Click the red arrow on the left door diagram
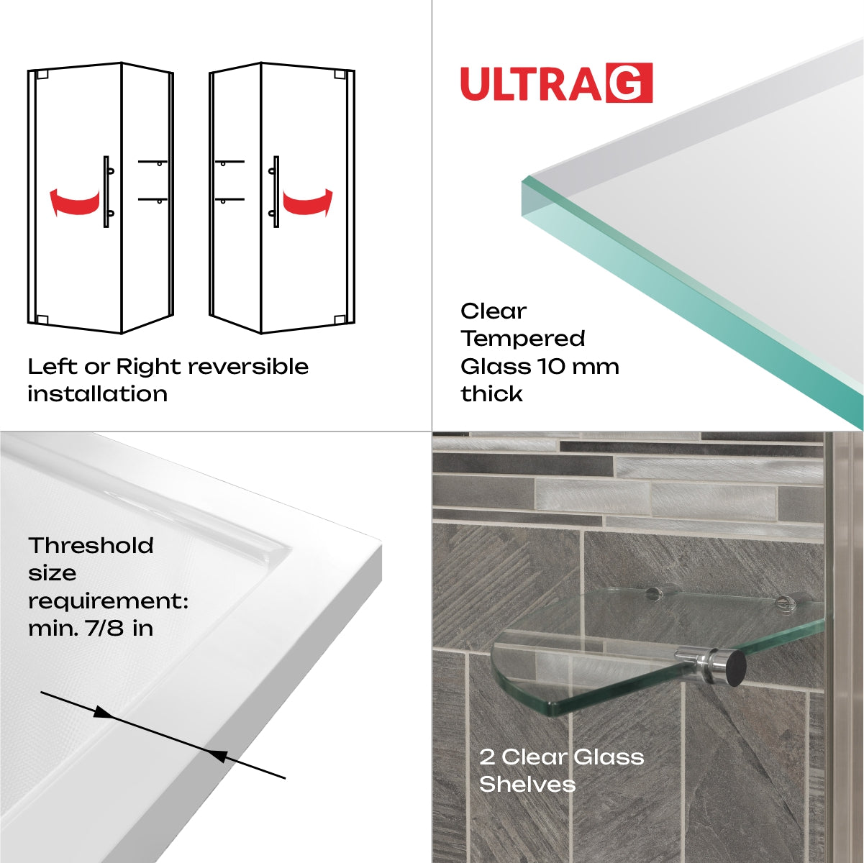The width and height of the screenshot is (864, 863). point(73,201)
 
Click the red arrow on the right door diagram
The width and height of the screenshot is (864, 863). point(308,202)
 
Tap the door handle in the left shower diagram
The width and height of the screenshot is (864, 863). point(107,191)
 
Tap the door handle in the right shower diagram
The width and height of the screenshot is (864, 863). point(275,191)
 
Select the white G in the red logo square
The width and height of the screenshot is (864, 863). point(629,83)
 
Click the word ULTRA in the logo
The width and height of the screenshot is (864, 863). point(531,84)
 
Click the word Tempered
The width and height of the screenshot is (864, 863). point(523,339)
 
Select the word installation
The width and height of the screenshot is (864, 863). point(98,394)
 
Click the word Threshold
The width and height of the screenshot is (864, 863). point(91,546)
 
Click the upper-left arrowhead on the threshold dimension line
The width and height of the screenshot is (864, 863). point(103,712)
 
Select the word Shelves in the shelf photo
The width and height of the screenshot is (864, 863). point(527,784)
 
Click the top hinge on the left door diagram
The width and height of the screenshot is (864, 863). point(42,74)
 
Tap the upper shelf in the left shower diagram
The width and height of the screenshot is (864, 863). point(153,163)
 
